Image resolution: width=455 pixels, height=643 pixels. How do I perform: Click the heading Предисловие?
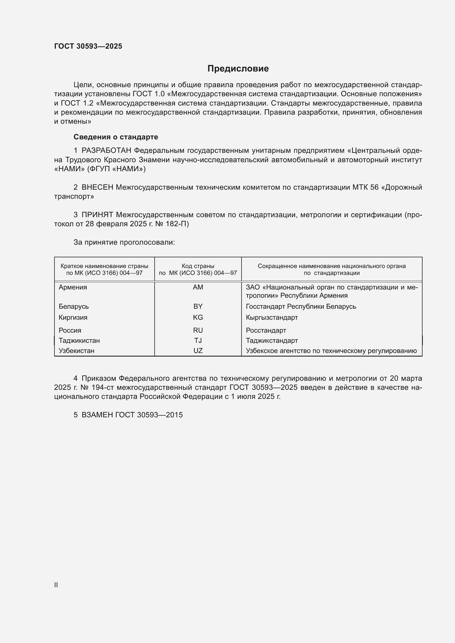pyautogui.click(x=238, y=69)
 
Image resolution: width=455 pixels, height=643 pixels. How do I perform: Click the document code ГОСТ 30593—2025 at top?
pyautogui.click(x=88, y=46)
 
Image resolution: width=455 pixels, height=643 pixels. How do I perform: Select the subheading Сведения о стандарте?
pyautogui.click(x=116, y=137)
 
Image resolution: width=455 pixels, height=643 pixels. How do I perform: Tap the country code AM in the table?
pyautogui.click(x=198, y=287)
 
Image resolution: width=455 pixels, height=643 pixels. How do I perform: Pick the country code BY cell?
pyautogui.click(x=198, y=306)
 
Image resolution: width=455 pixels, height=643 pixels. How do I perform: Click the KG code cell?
pyautogui.click(x=198, y=317)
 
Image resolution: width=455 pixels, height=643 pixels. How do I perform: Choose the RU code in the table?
pyautogui.click(x=198, y=330)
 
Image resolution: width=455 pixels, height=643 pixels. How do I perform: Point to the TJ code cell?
pyautogui.click(x=198, y=341)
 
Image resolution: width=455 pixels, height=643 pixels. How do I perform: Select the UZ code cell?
pyautogui.click(x=198, y=351)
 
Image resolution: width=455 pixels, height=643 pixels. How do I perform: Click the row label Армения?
pyautogui.click(x=73, y=287)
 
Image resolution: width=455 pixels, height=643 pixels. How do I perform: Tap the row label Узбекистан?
pyautogui.click(x=76, y=351)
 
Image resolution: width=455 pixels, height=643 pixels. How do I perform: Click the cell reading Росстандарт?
pyautogui.click(x=266, y=330)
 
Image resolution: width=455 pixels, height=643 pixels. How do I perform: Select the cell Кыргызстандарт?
pyautogui.click(x=272, y=317)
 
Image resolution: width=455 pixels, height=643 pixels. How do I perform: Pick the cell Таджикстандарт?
pyautogui.click(x=272, y=341)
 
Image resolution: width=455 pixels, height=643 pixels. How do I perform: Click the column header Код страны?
pyautogui.click(x=198, y=266)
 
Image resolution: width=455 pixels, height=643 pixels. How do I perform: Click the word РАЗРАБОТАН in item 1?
pyautogui.click(x=106, y=151)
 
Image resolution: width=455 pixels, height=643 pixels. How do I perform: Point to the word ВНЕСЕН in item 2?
pyautogui.click(x=97, y=187)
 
